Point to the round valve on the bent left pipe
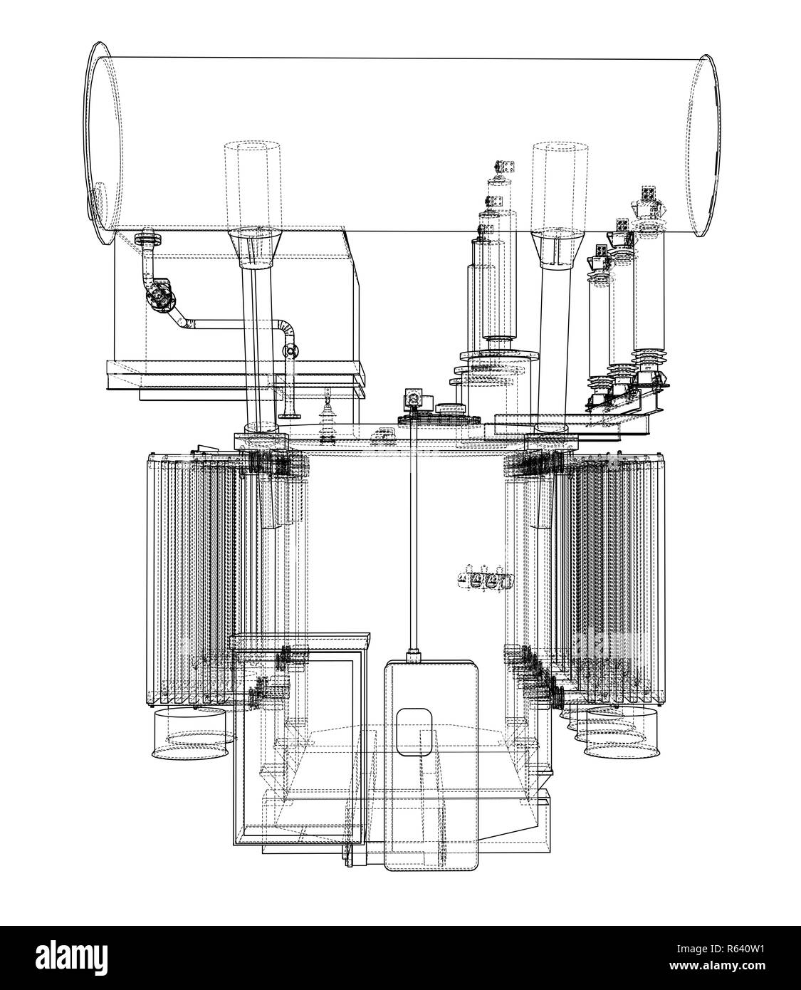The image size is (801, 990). [x=159, y=296]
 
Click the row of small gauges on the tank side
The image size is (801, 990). [x=485, y=579]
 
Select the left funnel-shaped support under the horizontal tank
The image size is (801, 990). [x=254, y=249]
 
